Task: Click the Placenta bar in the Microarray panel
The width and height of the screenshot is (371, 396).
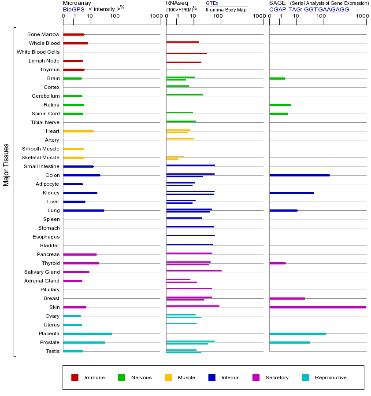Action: [x=88, y=334]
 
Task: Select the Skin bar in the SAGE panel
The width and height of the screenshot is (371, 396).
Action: [x=318, y=307]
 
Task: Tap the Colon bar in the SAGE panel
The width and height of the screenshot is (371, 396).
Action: [x=300, y=175]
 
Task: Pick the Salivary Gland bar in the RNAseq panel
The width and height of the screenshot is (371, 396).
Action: [x=194, y=271]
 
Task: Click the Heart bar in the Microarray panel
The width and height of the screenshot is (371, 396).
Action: [x=78, y=131]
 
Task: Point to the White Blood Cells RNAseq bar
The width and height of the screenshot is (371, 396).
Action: [x=187, y=54]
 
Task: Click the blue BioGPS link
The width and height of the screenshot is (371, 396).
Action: [x=74, y=10]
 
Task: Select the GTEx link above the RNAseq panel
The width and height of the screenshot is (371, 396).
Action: [x=212, y=3]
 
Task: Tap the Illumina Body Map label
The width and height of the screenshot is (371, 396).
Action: [x=226, y=10]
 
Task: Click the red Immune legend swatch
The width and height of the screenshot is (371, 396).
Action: [x=75, y=378]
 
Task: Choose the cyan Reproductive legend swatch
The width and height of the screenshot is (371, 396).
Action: [x=305, y=378]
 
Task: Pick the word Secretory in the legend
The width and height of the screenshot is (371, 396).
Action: [x=277, y=378]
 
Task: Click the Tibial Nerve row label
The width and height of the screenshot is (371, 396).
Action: [x=45, y=122]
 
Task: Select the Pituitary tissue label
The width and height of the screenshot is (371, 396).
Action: [x=50, y=290]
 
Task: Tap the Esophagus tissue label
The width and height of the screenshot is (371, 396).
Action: [x=46, y=237]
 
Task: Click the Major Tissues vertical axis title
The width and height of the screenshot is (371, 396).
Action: [x=6, y=165]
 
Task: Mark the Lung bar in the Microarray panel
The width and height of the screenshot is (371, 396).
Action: [x=84, y=211]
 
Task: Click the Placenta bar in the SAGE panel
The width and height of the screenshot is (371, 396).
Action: [x=298, y=334]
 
